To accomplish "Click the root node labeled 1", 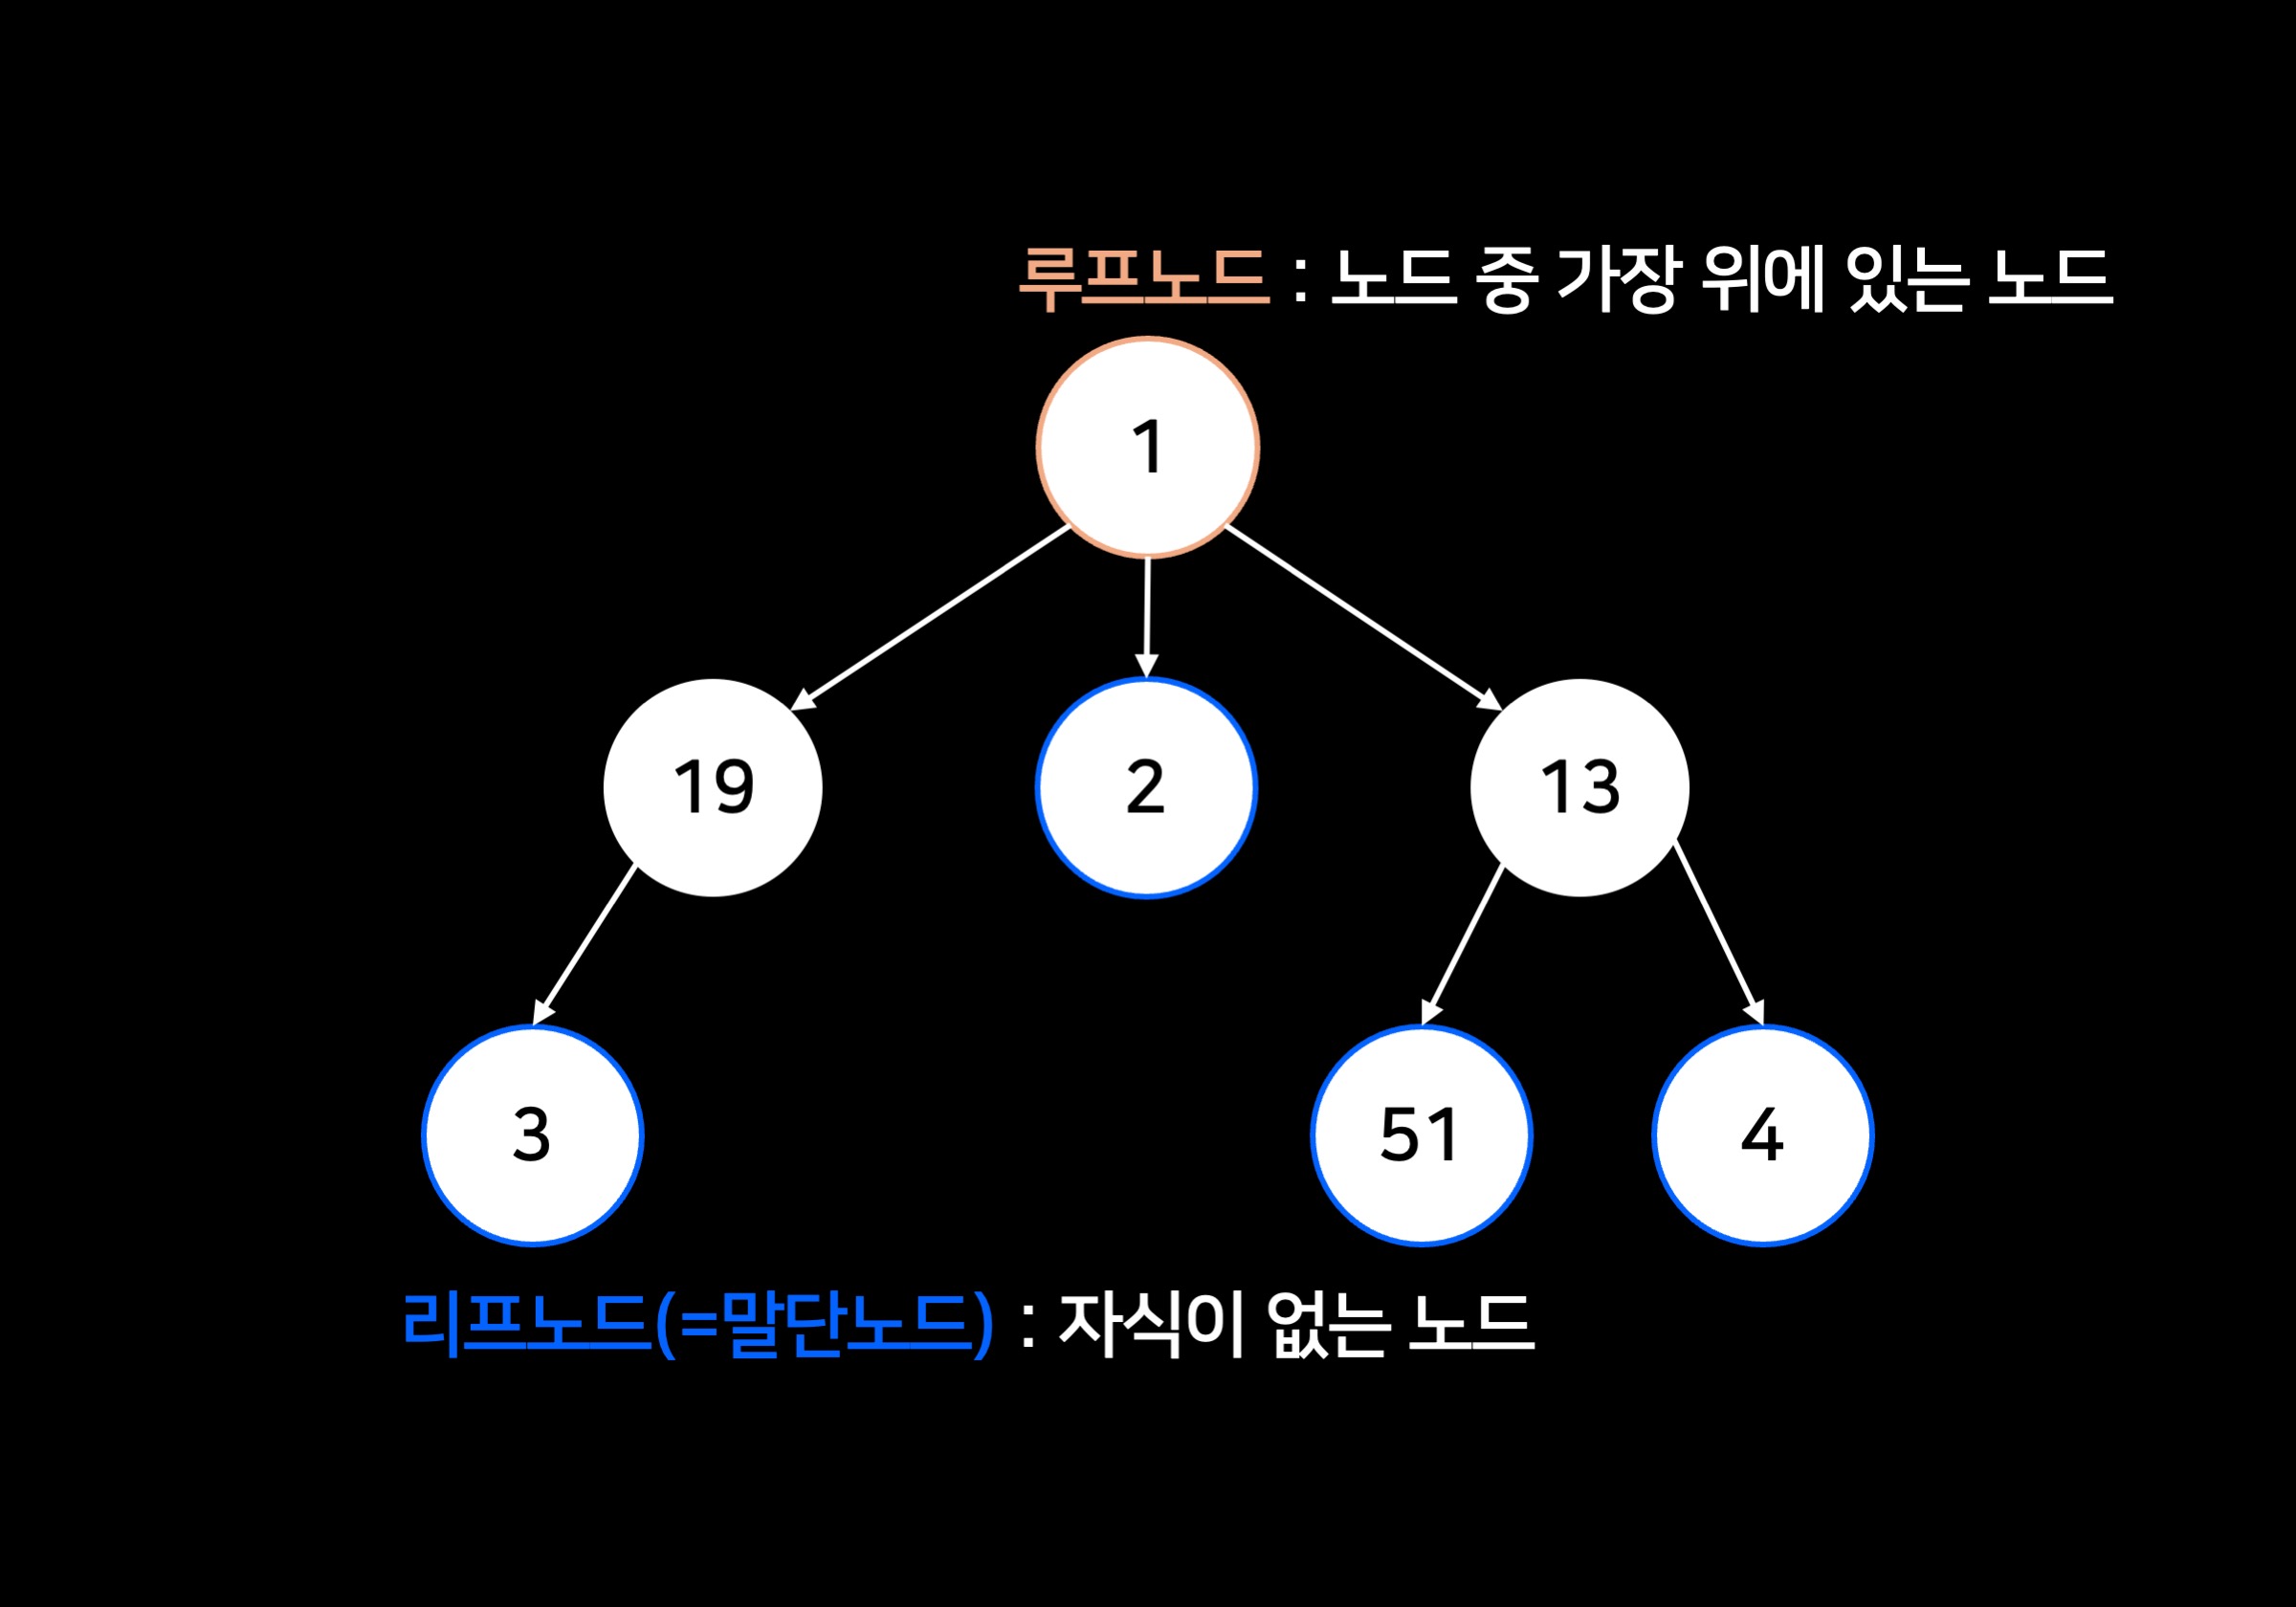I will pos(1147,446).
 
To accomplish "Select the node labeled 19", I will pos(712,787).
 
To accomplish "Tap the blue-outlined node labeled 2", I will pos(1146,787).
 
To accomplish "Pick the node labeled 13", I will pos(1579,787).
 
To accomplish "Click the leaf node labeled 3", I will pos(532,1135).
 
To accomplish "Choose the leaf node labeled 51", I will pos(1421,1135).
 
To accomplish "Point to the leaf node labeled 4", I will pos(1762,1135).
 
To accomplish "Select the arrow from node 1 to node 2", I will pos(1147,616).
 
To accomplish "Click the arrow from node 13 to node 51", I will pos(1462,945).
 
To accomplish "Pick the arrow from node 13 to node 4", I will pos(1718,934).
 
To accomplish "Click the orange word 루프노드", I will pos(1143,277).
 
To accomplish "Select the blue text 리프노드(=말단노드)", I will pos(697,1323).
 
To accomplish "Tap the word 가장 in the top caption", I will pos(1615,277).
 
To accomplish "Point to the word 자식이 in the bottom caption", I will pos(1150,1323).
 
